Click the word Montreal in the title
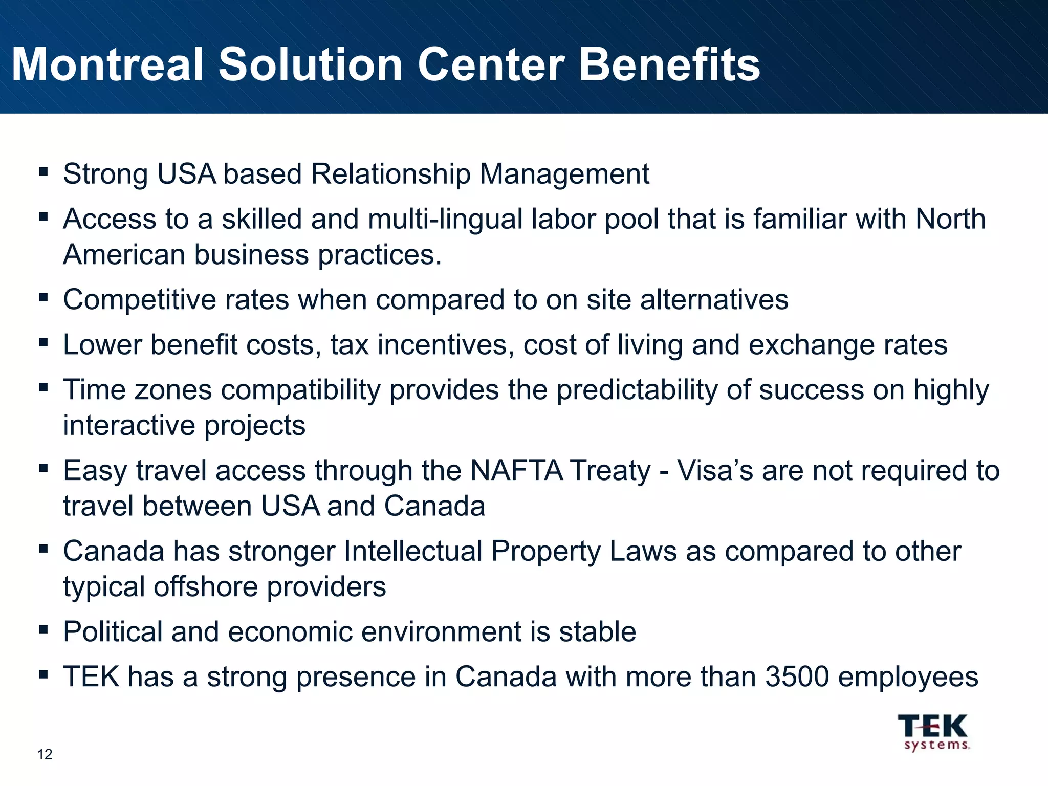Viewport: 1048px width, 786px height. tap(107, 64)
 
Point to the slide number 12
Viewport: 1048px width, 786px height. tap(45, 754)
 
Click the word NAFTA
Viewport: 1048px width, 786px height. tap(516, 470)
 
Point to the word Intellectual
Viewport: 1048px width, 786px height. tap(413, 551)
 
